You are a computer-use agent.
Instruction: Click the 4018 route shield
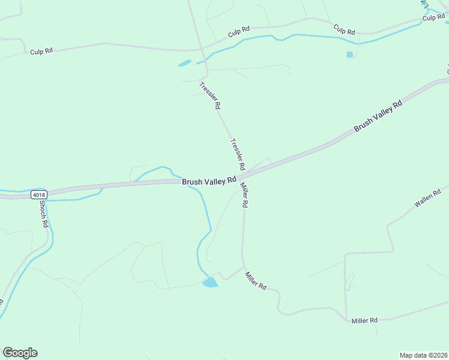click(x=39, y=194)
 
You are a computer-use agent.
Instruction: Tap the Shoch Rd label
click(x=43, y=214)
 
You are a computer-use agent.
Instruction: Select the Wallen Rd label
click(x=427, y=199)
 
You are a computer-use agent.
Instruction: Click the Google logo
click(x=20, y=353)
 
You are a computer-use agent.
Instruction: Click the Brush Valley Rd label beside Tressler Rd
click(x=209, y=181)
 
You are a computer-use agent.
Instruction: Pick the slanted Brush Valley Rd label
click(x=378, y=116)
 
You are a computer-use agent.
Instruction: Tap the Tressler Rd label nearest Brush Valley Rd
click(x=238, y=154)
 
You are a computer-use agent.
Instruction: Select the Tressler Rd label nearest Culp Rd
click(x=210, y=95)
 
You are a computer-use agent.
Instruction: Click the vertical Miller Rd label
click(x=244, y=195)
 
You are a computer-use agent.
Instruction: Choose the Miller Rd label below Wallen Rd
click(x=364, y=320)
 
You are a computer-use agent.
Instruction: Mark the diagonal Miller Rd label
click(x=255, y=280)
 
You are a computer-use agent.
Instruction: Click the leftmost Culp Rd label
click(x=41, y=52)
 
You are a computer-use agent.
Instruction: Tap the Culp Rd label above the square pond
click(x=344, y=29)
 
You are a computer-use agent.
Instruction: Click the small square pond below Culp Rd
click(x=349, y=55)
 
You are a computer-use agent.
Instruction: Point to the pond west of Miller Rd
click(x=210, y=282)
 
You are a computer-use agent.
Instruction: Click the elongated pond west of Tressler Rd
click(x=184, y=62)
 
